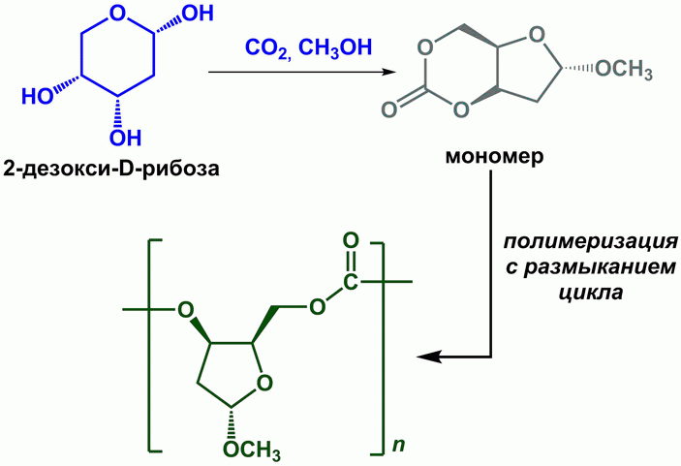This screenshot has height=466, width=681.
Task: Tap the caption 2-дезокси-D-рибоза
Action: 110,169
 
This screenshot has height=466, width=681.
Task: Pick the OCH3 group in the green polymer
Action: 252,451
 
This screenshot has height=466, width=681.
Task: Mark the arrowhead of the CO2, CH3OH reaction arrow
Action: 393,72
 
